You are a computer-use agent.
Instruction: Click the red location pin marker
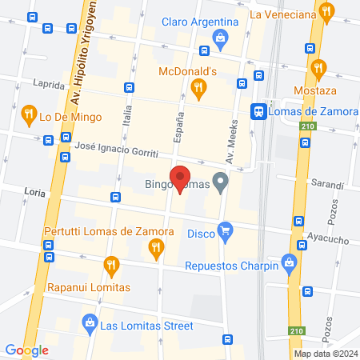click(181, 180)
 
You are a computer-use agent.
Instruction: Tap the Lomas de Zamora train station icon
click(258, 111)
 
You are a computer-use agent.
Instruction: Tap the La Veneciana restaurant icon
click(326, 11)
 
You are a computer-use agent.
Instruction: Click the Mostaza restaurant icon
click(319, 68)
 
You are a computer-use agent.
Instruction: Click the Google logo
click(27, 350)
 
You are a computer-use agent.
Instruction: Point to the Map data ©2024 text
click(324, 354)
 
